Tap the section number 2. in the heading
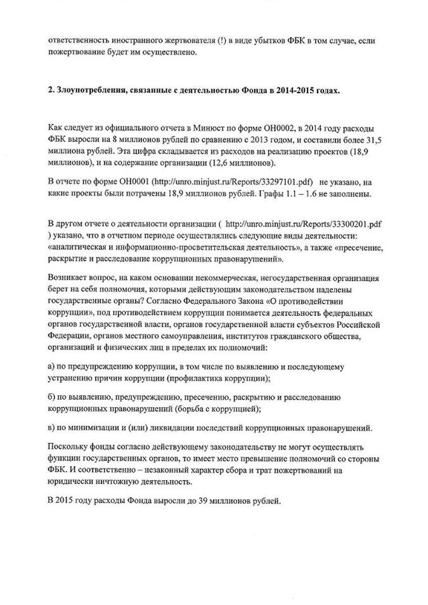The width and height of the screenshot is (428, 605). [x=51, y=91]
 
